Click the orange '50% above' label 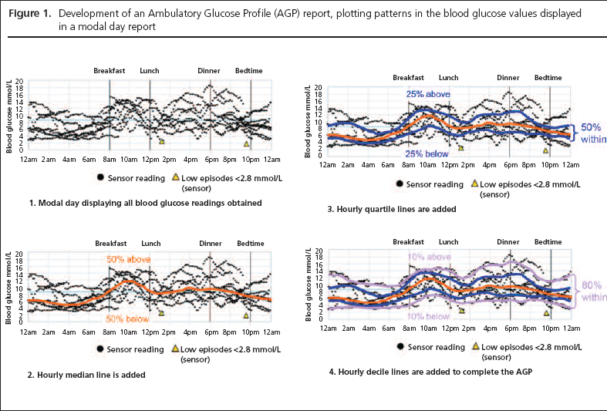(128, 259)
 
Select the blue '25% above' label (428, 94)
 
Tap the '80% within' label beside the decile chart (592, 290)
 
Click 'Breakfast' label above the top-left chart (110, 71)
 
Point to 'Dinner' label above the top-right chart (508, 78)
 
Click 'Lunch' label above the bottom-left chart (150, 244)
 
